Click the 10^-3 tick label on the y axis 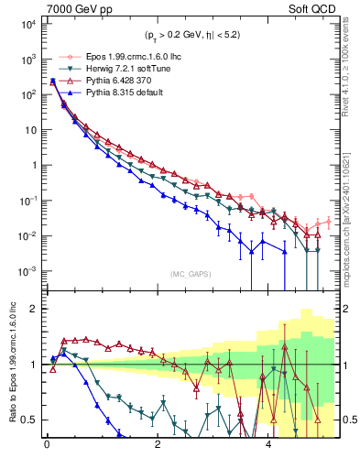coord(26,271)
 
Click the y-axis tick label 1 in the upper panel coord(33,166)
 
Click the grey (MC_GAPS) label coord(188,273)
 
